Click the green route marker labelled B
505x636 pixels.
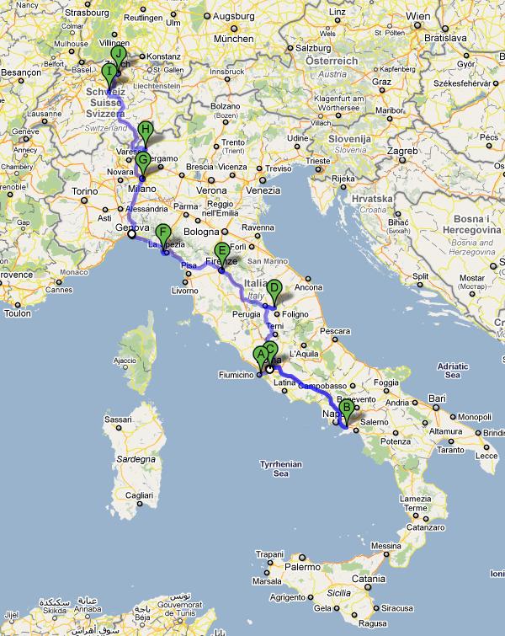(x=347, y=406)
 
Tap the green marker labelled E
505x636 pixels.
(x=222, y=250)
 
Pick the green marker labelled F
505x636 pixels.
(x=163, y=233)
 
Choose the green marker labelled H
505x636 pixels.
(x=146, y=131)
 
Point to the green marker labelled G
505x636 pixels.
(x=142, y=160)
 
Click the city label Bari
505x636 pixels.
(x=436, y=397)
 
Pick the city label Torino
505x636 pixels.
(x=85, y=191)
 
